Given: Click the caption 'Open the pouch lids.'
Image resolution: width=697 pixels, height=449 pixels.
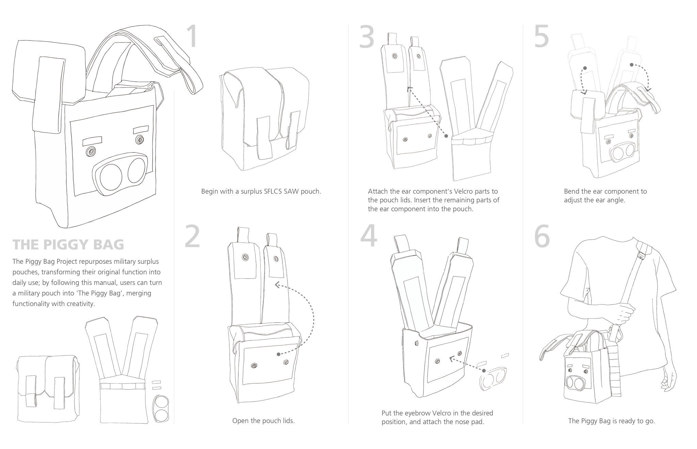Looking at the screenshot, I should [263, 421].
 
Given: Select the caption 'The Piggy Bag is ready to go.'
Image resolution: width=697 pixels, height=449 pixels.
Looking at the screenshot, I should [611, 421].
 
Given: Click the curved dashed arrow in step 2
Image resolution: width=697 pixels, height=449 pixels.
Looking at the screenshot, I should [308, 317].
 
